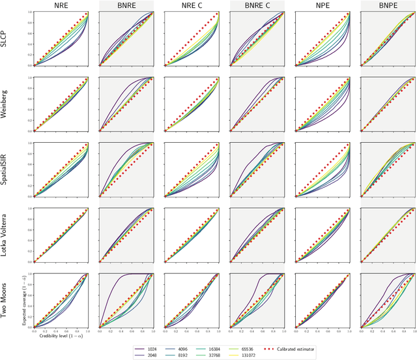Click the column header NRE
[x=61, y=6]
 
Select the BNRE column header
[x=126, y=6]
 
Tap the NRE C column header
[x=191, y=6]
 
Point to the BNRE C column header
[x=256, y=6]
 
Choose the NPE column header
[x=321, y=6]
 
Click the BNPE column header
[x=386, y=6]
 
